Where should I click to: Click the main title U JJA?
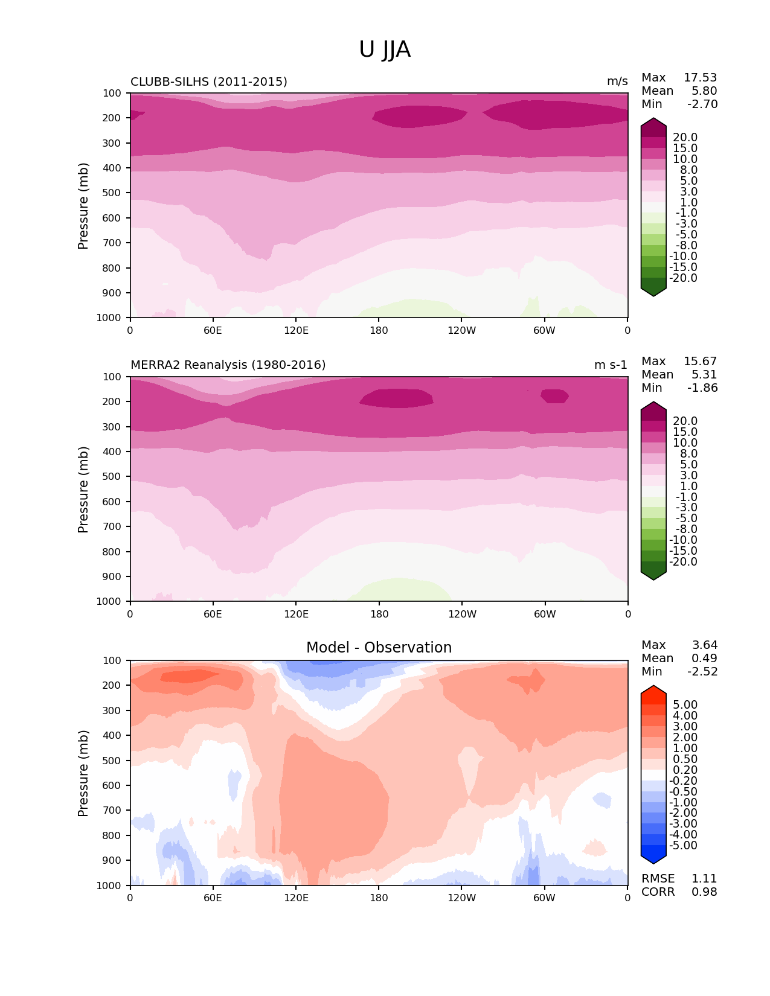pos(385,49)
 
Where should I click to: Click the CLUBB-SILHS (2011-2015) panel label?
pos(209,81)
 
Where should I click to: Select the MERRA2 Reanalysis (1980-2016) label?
pos(228,365)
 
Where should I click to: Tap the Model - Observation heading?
pos(379,648)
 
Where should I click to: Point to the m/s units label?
pos(617,81)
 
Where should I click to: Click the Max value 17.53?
pos(700,78)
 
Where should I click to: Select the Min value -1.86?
pos(702,388)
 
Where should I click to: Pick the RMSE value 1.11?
pos(704,879)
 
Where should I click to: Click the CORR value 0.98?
pos(704,892)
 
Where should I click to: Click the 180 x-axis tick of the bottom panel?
pos(379,898)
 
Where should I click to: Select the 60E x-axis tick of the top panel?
pos(213,330)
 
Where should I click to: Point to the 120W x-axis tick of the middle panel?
pos(462,614)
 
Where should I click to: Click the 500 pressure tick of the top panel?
pos(113,193)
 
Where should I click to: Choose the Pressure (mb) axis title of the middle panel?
pos(83,490)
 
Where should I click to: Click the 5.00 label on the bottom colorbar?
pos(685,705)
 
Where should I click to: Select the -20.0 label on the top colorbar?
pos(683,278)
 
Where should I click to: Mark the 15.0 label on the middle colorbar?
pos(685,432)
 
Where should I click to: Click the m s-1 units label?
pos(611,365)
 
